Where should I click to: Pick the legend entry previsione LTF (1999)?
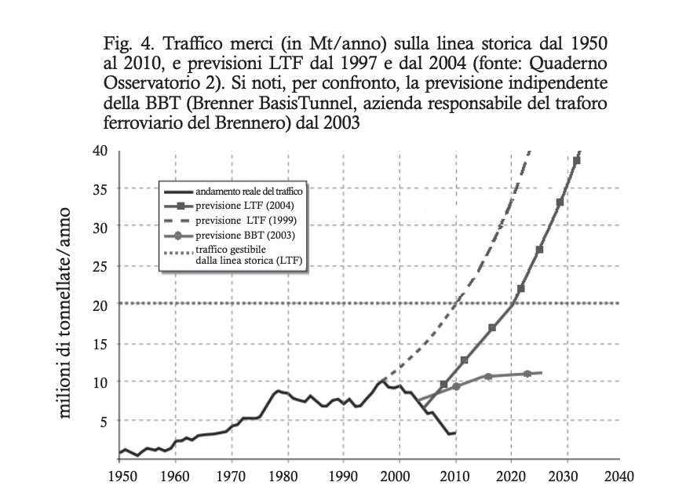(250, 221)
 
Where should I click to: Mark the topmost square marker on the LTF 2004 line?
(577, 161)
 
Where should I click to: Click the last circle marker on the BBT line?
(527, 374)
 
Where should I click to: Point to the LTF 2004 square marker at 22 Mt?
(520, 289)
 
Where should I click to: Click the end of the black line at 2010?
(454, 432)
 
